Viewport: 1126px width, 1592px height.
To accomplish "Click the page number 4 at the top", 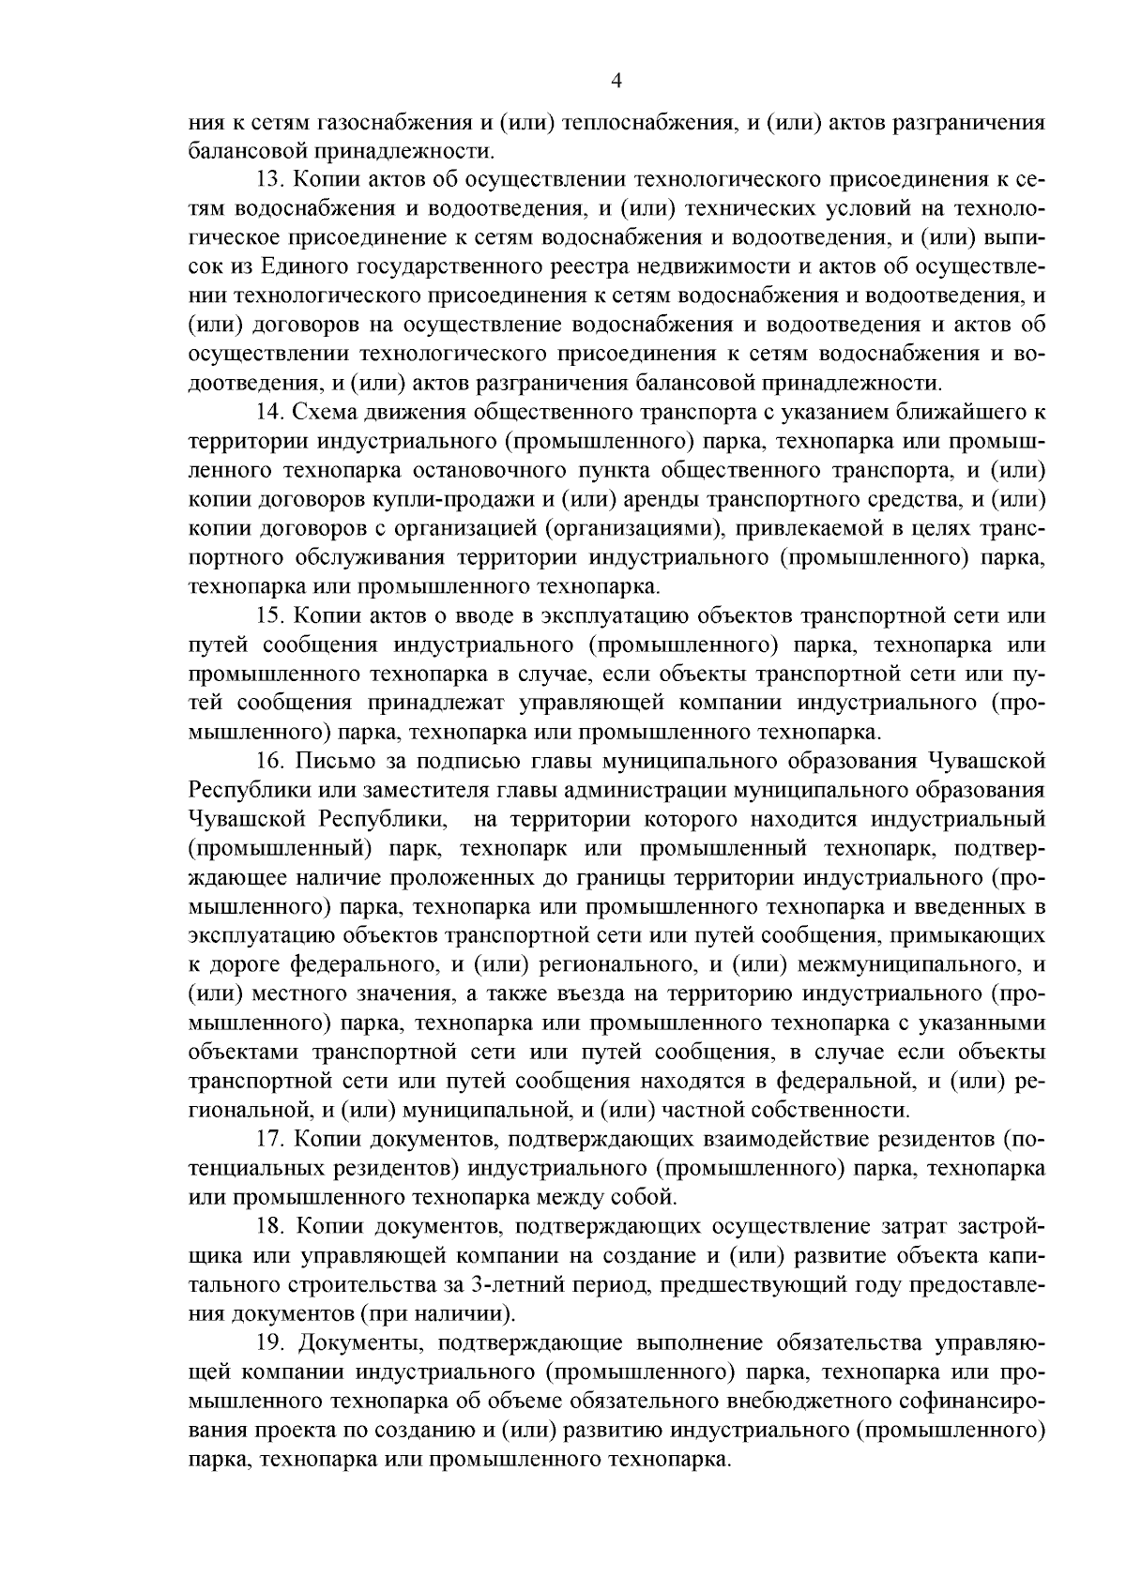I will (x=616, y=82).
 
